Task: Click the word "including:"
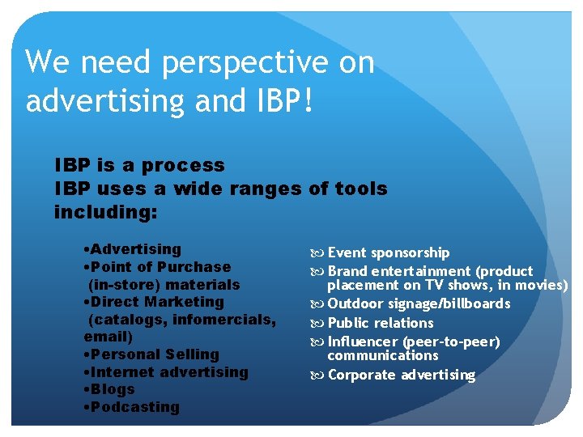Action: pos(105,213)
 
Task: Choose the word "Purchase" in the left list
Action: pos(194,267)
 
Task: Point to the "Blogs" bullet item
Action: pos(113,389)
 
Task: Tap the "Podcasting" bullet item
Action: pos(134,407)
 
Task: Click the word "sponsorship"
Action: pos(411,252)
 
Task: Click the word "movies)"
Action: pos(543,285)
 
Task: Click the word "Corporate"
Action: pos(361,375)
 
